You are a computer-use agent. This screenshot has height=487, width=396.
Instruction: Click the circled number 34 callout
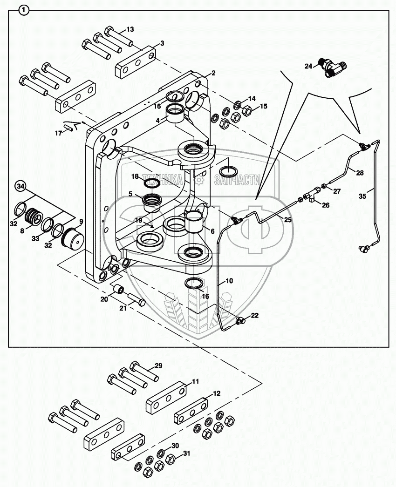(20, 186)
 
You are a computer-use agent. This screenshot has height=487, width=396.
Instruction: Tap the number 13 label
(130, 29)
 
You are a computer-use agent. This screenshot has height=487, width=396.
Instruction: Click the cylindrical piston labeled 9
(73, 239)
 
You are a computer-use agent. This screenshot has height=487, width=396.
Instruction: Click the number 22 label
(254, 315)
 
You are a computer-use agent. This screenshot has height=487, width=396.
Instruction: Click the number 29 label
(158, 365)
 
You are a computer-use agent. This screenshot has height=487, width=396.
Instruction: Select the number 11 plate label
(195, 381)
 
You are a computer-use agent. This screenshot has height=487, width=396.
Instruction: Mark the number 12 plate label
(216, 393)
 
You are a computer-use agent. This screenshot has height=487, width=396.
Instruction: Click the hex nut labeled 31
(170, 460)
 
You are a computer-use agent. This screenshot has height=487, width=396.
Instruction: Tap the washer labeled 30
(161, 453)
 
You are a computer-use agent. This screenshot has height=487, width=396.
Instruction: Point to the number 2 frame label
(213, 73)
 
